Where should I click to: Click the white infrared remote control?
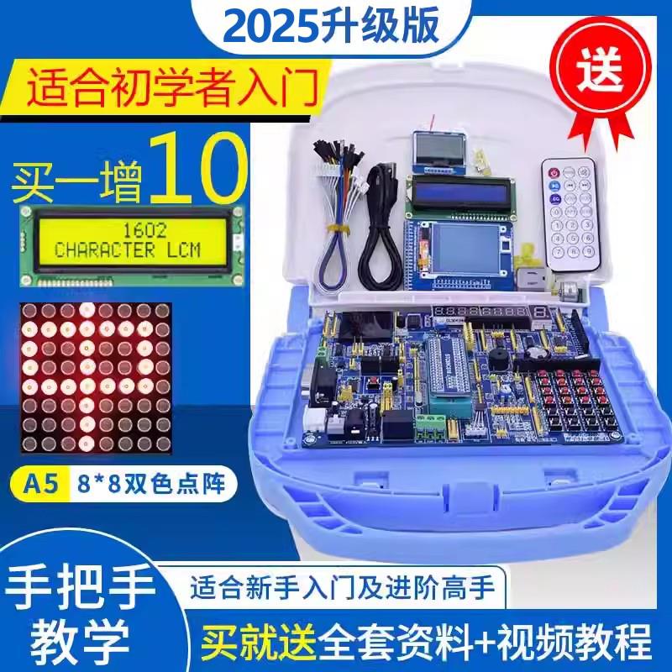point(570,213)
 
